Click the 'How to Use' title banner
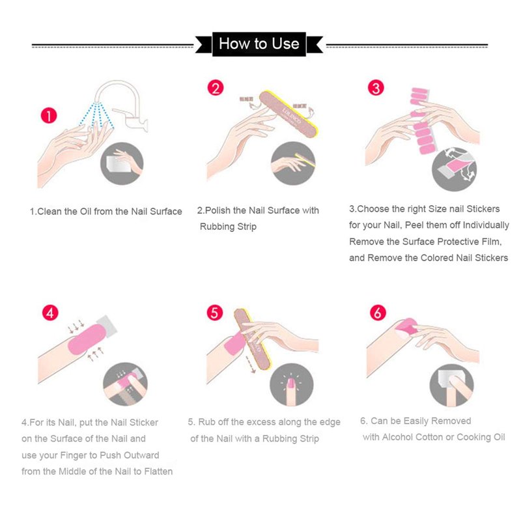[x=259, y=44]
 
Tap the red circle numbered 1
[x=49, y=116]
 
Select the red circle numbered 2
[x=216, y=88]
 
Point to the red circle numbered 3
[x=376, y=88]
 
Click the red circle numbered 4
[x=50, y=313]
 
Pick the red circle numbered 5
[x=215, y=313]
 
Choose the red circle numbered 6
[x=378, y=313]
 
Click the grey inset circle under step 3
[x=454, y=169]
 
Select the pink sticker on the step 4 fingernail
[x=87, y=340]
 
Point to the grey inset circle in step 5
[x=291, y=384]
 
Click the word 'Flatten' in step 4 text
[x=158, y=471]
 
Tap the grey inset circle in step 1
[x=122, y=163]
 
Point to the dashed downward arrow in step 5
[x=250, y=364]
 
